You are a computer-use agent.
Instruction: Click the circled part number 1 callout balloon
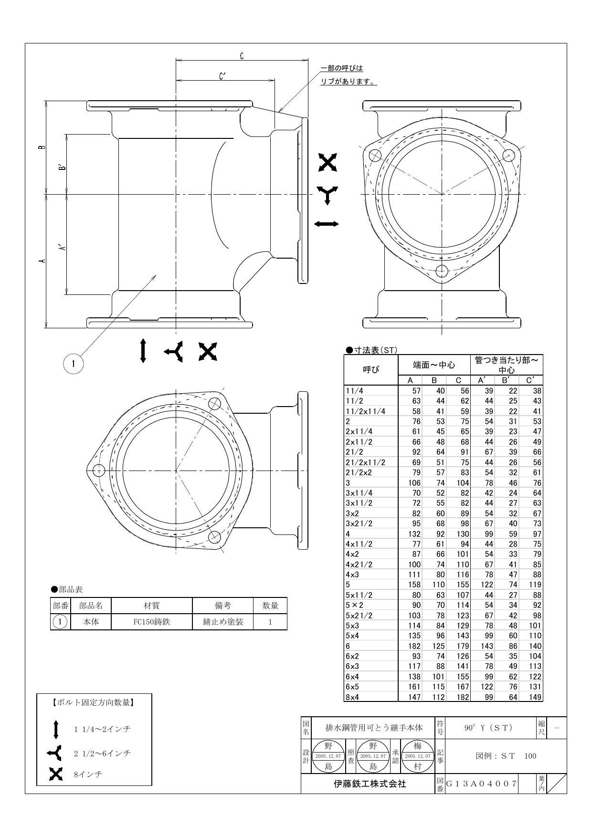point(73,364)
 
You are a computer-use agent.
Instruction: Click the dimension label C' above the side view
point(222,76)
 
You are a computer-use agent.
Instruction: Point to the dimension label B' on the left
point(61,167)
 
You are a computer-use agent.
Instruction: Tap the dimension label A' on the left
point(61,248)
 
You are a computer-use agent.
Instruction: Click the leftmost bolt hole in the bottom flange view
point(98,471)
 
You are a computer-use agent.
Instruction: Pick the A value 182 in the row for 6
point(413,646)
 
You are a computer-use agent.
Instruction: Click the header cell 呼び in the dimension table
point(371,369)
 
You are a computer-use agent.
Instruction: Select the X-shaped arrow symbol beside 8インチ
point(56,774)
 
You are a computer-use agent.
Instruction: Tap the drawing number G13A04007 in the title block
point(481,784)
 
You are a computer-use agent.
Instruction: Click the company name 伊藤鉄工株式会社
point(370,784)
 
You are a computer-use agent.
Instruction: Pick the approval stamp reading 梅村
point(418,756)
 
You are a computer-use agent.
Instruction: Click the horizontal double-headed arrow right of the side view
point(327,224)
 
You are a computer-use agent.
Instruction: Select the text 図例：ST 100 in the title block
point(506,756)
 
